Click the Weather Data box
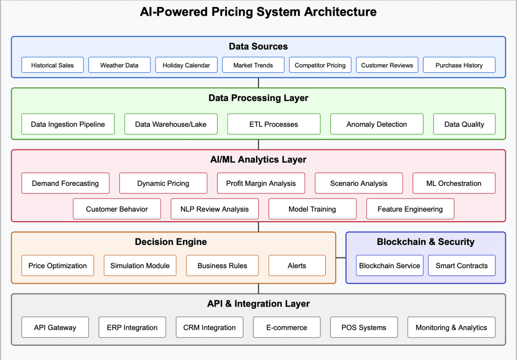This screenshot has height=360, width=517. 119,65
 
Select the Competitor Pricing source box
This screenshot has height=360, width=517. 320,65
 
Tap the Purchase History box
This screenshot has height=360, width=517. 459,65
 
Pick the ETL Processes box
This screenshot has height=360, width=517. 274,124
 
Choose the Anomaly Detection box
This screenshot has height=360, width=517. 377,124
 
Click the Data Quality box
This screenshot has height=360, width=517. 464,124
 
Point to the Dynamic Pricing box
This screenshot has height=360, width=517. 163,183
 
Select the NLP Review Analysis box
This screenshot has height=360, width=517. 215,209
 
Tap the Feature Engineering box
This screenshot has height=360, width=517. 410,209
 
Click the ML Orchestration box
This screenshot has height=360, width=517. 454,183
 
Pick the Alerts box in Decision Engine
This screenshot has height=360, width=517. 297,266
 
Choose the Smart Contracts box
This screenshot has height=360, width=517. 461,266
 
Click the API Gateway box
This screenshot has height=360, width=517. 55,327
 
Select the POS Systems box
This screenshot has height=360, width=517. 364,327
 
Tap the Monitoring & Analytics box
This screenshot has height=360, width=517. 451,327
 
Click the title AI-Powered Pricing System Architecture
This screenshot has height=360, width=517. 258,12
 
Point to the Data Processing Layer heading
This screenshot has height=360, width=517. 258,98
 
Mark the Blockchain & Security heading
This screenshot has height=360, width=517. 426,242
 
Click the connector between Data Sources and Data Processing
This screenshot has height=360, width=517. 258,83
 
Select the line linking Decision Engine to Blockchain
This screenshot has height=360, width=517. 341,258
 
